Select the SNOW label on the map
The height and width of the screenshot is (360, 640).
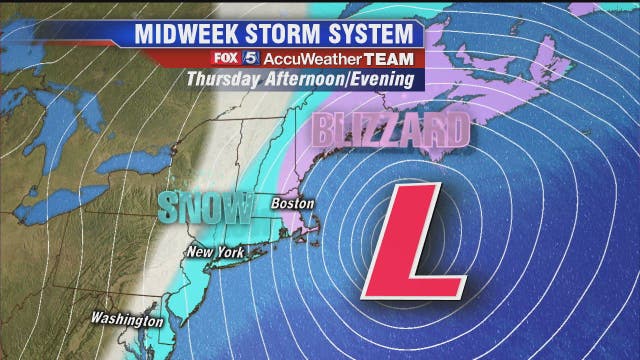[x=204, y=207]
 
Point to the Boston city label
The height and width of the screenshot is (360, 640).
[x=294, y=203]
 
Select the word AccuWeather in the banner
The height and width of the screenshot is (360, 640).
[x=320, y=58]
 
